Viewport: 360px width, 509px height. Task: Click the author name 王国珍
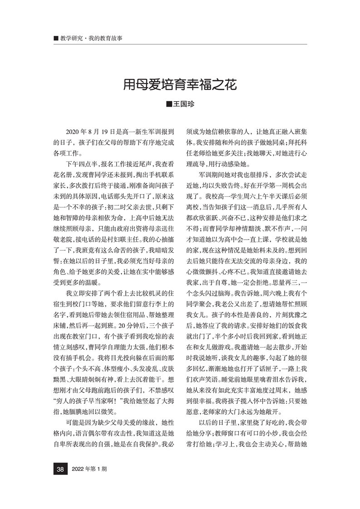pos(183,105)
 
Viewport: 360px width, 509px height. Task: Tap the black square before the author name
pos(169,105)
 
